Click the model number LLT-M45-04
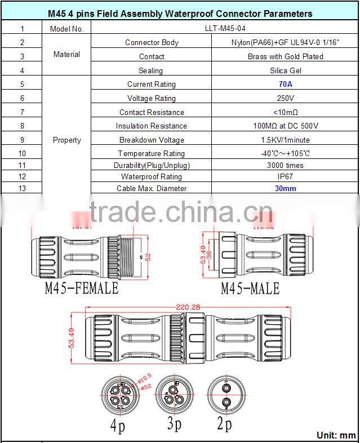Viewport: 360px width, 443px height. point(285,28)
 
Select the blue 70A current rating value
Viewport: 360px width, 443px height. point(285,84)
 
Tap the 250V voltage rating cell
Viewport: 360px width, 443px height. point(285,98)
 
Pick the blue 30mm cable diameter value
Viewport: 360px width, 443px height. point(285,188)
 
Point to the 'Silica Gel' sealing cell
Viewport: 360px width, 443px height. point(285,70)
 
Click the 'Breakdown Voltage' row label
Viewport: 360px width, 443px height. point(152,140)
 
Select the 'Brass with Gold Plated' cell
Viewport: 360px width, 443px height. point(285,56)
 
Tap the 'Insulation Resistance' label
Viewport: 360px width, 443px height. point(152,126)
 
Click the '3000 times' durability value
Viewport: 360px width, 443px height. point(285,165)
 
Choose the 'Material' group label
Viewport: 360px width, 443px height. point(66,55)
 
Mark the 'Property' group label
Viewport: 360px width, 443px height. point(66,140)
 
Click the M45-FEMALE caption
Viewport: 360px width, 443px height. point(82,288)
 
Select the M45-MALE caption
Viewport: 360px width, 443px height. point(250,289)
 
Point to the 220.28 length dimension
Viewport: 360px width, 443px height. point(188,308)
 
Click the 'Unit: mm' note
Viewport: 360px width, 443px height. point(336,435)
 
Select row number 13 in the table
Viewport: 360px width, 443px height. point(22,188)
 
